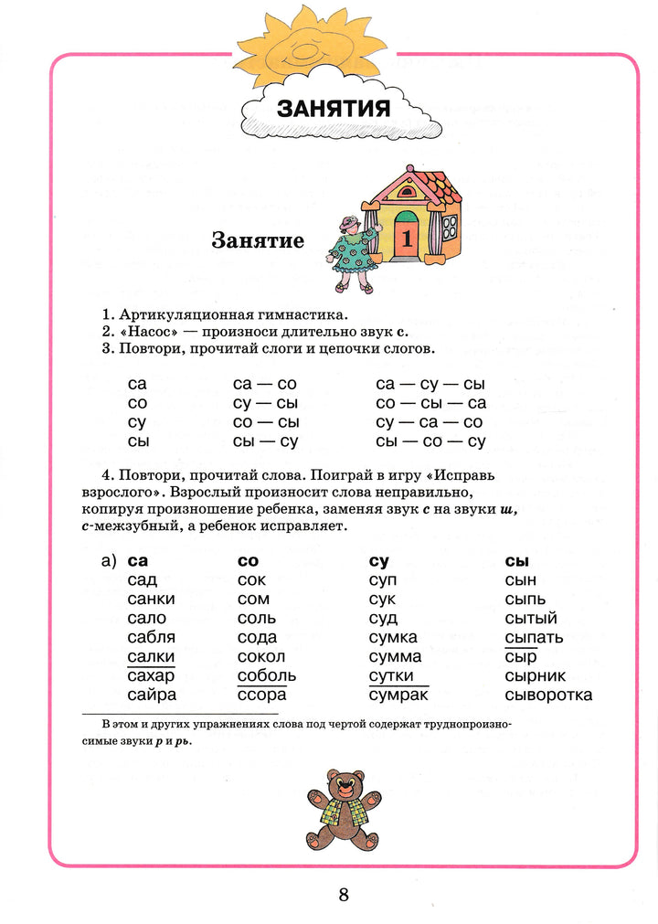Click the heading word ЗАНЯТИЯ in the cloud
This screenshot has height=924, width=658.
pos(334,109)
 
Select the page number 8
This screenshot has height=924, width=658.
pos(344,894)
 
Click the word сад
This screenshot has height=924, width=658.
pos(143,579)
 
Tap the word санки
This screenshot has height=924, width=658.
pos(151,599)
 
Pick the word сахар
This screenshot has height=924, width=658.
pos(151,675)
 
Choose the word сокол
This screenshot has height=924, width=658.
pos(260,656)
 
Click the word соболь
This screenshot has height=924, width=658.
pos(266,675)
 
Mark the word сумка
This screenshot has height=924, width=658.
pos(393,637)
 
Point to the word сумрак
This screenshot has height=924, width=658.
pos(398,695)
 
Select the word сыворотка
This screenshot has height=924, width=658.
pos(548,695)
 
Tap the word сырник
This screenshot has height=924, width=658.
pos(536,675)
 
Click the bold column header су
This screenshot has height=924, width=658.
pos(379,560)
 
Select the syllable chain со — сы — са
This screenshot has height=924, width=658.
pos(430,403)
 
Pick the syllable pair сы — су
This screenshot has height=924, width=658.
pos(266,441)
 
